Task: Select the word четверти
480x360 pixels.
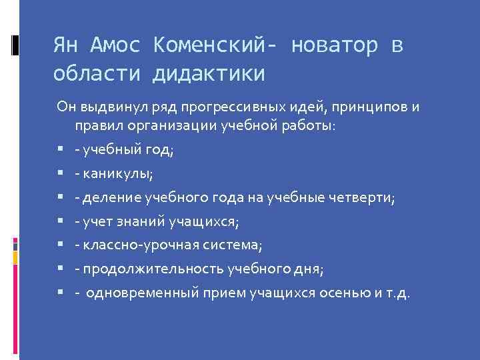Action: (363, 197)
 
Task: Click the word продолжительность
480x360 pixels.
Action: (153, 269)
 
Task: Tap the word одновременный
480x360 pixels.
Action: (138, 293)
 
